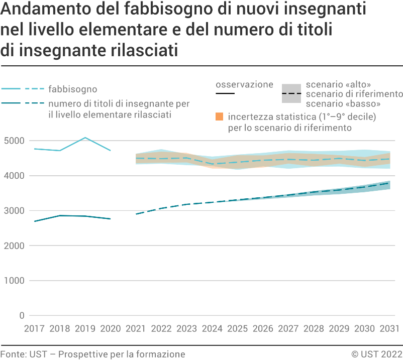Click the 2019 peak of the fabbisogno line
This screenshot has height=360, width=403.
point(85,138)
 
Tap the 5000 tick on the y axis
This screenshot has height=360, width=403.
point(15,141)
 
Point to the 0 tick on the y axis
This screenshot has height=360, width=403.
point(22,316)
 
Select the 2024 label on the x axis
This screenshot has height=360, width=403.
point(212,329)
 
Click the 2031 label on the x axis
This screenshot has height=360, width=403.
point(389,329)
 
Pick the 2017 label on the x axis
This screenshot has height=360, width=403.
point(34,329)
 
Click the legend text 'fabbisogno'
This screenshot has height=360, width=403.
point(73,89)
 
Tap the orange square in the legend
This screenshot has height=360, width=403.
point(219,117)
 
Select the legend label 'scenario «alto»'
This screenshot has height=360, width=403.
point(338,84)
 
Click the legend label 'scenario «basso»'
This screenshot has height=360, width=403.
point(343,104)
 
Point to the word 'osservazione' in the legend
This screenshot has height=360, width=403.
point(244,84)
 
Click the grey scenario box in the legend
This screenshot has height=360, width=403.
point(291,93)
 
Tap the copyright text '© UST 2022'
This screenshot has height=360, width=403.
point(377,354)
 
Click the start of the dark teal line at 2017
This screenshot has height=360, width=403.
point(34,221)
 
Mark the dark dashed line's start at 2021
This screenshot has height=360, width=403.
point(136,214)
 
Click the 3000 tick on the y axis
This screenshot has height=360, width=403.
point(15,211)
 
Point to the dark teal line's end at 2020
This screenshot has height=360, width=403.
point(111,219)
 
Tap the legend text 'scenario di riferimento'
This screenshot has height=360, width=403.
point(354,94)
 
